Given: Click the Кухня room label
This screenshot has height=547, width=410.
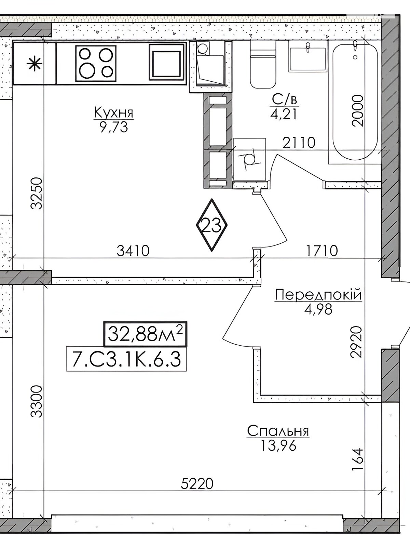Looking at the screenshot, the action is click(x=114, y=113).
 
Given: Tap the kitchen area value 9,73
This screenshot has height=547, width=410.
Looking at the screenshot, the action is click(x=114, y=127).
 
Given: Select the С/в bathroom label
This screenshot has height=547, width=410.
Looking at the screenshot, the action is click(x=285, y=100).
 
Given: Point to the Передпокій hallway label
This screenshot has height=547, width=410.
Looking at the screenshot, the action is click(x=318, y=295).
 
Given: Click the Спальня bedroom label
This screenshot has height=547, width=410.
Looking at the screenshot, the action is click(x=278, y=431).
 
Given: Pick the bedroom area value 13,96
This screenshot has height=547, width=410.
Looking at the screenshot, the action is click(x=278, y=445).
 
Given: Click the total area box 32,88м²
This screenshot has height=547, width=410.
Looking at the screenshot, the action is click(x=145, y=334).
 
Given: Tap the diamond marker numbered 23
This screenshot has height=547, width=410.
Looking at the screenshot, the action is click(x=212, y=225).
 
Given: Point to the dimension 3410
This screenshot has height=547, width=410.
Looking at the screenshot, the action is click(x=133, y=251).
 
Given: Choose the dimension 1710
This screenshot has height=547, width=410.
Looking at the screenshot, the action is click(x=322, y=251).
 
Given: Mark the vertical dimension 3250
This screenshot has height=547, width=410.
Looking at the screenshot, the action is click(x=36, y=193).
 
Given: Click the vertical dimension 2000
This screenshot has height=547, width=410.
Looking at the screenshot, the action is click(x=358, y=111).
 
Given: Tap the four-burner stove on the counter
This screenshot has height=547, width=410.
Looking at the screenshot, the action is click(x=96, y=64).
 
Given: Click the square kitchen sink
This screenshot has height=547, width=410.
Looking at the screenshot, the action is click(x=167, y=62).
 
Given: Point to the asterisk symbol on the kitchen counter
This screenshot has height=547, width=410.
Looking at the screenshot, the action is click(x=35, y=64).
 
